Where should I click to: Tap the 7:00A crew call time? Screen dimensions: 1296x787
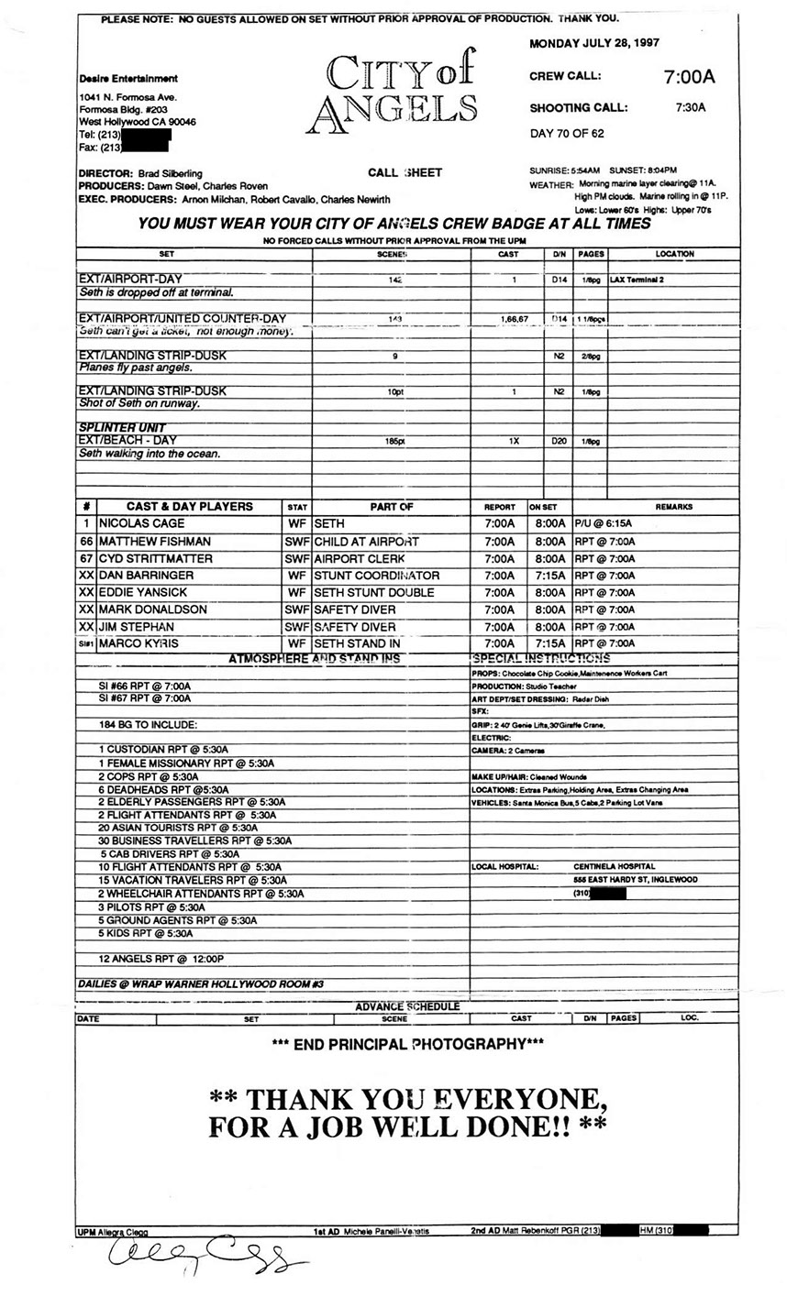[x=689, y=77]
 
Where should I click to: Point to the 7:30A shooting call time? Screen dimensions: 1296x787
[x=690, y=107]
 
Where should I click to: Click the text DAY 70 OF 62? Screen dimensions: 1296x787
[x=567, y=134]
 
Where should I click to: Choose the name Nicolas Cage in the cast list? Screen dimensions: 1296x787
[x=142, y=524]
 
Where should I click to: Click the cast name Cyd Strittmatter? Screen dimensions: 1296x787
[x=156, y=558]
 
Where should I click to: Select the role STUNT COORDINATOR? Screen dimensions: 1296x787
[x=377, y=576]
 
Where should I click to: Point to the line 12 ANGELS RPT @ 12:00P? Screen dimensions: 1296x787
[x=161, y=959]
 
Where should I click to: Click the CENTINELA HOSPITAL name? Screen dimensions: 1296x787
[x=615, y=866]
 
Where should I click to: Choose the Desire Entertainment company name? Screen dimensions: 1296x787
[x=128, y=79]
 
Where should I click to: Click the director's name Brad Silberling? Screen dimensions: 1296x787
[x=170, y=173]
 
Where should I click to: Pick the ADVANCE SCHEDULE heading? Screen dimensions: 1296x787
[x=407, y=1006]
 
